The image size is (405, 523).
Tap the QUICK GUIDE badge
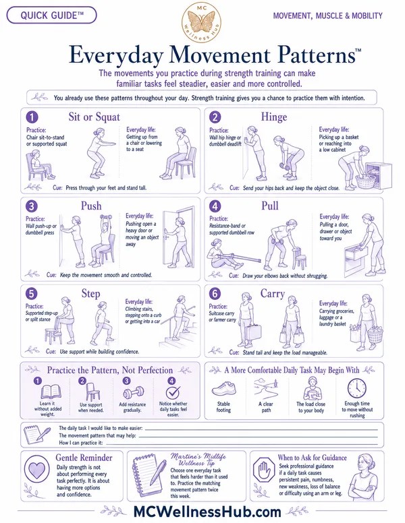[x=52, y=16]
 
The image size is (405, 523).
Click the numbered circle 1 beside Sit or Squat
[x=32, y=117]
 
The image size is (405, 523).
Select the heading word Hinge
[x=274, y=117]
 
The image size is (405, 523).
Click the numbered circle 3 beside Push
[x=32, y=206]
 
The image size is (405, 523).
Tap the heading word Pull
[x=270, y=206]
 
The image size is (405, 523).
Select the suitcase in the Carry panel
[x=253, y=334]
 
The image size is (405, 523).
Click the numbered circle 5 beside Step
[x=32, y=294]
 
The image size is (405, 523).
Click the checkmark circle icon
[x=173, y=392]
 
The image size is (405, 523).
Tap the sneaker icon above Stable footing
[x=223, y=389]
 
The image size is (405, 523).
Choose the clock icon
[x=357, y=388]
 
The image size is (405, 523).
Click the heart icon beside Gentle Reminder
[x=36, y=470]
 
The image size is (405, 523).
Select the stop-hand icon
[x=264, y=470]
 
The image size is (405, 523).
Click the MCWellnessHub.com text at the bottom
[x=207, y=512]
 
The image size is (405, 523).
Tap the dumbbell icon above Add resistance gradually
[x=133, y=392]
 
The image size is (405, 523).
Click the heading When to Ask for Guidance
[x=312, y=458]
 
